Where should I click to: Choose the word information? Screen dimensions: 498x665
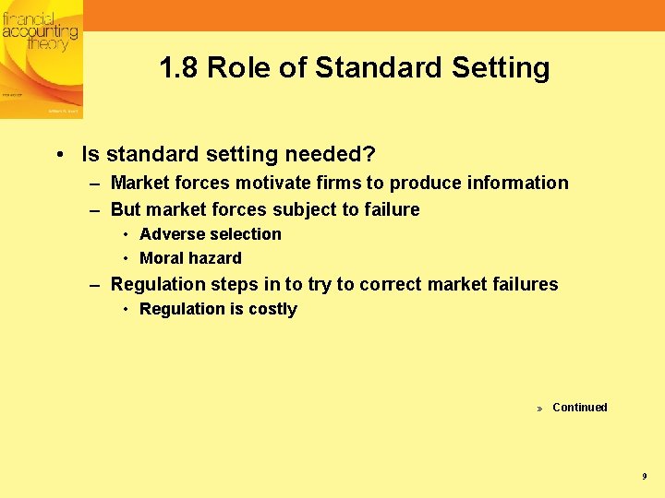(517, 183)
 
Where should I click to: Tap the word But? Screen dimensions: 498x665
(126, 209)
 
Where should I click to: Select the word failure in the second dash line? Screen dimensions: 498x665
(390, 209)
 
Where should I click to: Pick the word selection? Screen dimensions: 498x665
(245, 234)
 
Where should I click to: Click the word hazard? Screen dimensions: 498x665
(216, 258)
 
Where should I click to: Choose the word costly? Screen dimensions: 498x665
(272, 309)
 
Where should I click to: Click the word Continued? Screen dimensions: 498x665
(579, 408)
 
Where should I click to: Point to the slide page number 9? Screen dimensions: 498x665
(644, 476)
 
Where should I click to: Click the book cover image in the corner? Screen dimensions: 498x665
(41, 58)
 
